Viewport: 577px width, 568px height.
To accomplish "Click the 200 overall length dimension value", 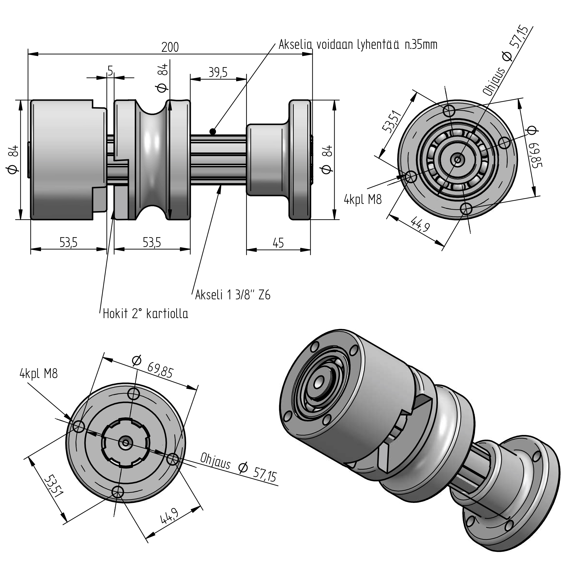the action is click(x=170, y=47).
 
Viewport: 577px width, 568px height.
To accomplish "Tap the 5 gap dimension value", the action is click(x=110, y=71).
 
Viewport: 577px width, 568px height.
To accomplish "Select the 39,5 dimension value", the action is click(x=218, y=72).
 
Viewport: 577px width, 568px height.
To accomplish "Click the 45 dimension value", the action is click(x=278, y=243).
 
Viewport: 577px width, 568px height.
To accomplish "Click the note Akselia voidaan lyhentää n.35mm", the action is click(x=358, y=45).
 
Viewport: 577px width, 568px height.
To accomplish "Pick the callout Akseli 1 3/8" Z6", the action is click(x=233, y=295).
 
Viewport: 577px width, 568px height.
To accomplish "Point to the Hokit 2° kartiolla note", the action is click(x=145, y=313).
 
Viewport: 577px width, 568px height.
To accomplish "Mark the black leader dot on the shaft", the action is click(x=212, y=131).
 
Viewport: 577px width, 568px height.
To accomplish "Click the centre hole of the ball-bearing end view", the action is click(x=457, y=160).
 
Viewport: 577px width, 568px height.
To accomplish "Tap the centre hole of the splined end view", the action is click(x=125, y=443).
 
